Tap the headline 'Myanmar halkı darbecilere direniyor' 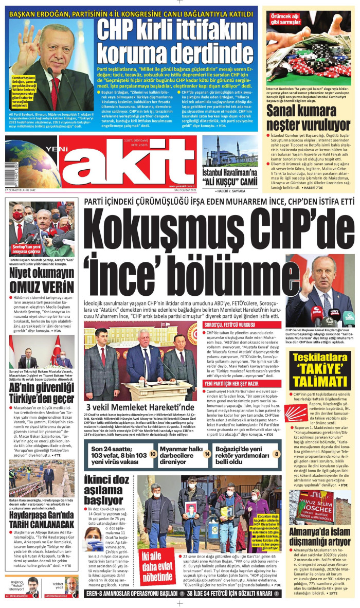pyautogui.click(x=180, y=454)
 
